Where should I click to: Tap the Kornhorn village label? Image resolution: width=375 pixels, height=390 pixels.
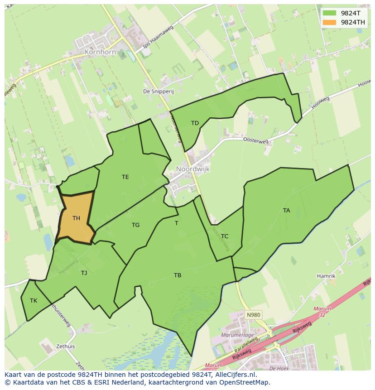click(100, 52)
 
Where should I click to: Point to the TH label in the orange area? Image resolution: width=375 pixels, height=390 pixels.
click(76, 218)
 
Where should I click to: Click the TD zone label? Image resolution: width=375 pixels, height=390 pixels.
click(195, 123)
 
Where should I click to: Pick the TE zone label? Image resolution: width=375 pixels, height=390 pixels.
click(125, 177)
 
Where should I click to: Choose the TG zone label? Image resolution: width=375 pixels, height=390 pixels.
click(135, 225)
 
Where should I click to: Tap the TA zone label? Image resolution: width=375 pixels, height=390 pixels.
click(286, 210)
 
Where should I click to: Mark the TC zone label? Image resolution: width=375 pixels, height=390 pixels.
click(225, 236)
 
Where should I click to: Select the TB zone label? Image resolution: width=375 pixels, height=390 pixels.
click(178, 275)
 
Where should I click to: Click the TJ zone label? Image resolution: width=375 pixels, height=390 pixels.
click(84, 273)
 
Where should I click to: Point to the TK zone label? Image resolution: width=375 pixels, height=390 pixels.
click(34, 300)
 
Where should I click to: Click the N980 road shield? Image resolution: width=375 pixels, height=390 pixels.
click(253, 314)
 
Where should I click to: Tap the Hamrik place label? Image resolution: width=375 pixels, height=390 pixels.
click(326, 276)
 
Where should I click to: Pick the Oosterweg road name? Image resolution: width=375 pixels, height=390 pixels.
click(255, 141)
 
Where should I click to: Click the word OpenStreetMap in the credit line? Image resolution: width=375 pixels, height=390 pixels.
click(245, 382)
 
